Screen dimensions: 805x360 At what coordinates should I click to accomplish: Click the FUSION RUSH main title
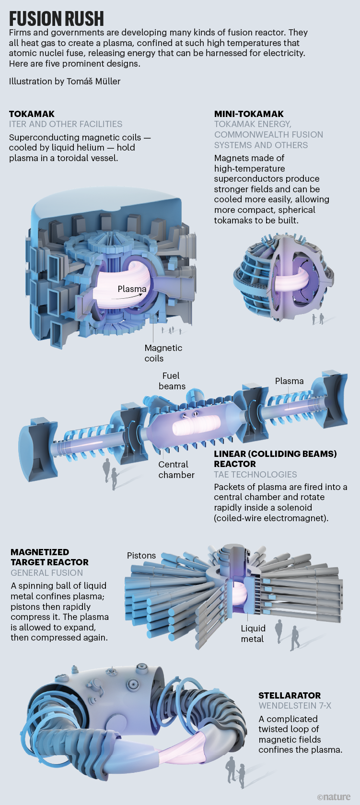click(57, 18)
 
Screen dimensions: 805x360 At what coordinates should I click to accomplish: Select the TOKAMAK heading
click(32, 114)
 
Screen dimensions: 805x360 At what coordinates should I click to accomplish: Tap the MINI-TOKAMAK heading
click(249, 114)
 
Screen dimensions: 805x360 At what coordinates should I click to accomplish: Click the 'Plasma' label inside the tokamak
click(132, 289)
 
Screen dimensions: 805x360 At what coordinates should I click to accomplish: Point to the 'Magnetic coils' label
click(163, 353)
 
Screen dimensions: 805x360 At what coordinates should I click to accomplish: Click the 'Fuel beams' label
click(172, 381)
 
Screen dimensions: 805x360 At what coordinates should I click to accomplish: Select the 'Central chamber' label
click(176, 469)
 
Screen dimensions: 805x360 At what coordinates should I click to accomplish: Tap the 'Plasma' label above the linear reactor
click(289, 381)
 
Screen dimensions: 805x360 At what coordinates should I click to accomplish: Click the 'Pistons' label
click(141, 555)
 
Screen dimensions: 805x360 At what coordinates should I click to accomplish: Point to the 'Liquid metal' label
click(253, 633)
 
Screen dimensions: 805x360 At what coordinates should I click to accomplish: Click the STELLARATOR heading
click(290, 695)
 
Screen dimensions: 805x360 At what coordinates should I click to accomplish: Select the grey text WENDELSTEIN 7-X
click(295, 706)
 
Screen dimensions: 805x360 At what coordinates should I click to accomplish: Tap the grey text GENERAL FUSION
click(46, 572)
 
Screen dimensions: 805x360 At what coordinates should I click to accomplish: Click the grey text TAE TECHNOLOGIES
click(255, 474)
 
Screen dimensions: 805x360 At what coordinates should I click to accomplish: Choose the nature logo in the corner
click(334, 796)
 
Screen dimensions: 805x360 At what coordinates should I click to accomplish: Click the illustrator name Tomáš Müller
click(93, 81)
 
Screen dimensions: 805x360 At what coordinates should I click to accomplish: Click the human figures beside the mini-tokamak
click(318, 318)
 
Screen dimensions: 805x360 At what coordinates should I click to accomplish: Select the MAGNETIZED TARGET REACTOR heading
click(49, 557)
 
